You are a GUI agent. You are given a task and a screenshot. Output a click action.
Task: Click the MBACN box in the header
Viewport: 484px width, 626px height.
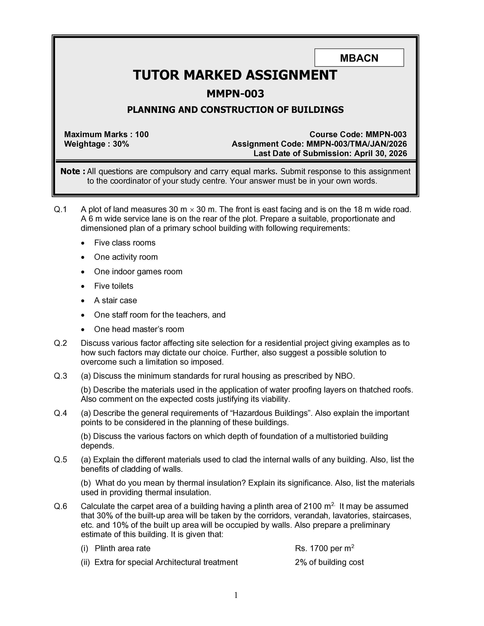pyautogui.click(x=359, y=58)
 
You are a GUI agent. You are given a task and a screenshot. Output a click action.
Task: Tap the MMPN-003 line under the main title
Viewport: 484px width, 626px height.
pyautogui.click(x=235, y=94)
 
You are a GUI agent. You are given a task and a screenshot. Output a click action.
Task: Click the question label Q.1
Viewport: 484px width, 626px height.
pyautogui.click(x=60, y=210)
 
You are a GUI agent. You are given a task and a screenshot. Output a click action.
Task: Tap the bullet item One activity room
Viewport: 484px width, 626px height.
pyautogui.click(x=126, y=257)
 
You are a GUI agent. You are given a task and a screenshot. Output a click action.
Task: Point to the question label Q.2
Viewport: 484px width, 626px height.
pyautogui.click(x=60, y=343)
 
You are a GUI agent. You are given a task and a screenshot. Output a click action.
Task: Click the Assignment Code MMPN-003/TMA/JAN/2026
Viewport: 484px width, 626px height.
pyautogui.click(x=356, y=144)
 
